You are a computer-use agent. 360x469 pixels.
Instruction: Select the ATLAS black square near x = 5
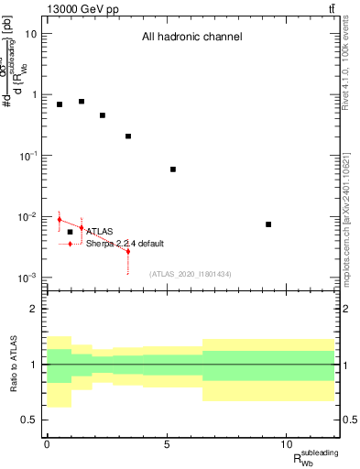click(173, 169)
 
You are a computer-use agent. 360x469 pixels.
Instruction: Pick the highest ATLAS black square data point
click(82, 102)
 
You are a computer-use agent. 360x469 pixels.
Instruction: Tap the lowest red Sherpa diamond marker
click(128, 251)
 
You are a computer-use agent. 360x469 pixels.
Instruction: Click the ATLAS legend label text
click(99, 232)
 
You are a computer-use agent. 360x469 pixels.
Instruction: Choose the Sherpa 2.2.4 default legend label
click(125, 244)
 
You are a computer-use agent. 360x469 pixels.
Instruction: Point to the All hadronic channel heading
click(191, 38)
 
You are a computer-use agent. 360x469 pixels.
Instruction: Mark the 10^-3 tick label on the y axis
click(27, 278)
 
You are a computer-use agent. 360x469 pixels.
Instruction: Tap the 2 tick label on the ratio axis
click(34, 310)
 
